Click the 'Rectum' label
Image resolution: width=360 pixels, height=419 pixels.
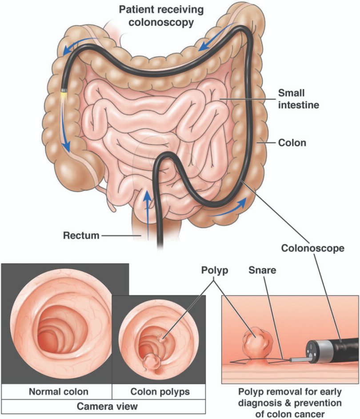[x=81, y=235]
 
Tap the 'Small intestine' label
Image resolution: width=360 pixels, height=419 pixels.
[x=299, y=99]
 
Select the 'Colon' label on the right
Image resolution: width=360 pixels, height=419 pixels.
[x=292, y=143]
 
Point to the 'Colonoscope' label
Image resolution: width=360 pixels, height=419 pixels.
[x=313, y=248]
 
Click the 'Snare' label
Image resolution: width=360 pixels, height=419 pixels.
[x=262, y=270]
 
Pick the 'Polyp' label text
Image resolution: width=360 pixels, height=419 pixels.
[x=215, y=271]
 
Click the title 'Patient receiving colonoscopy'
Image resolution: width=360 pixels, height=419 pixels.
[x=161, y=16]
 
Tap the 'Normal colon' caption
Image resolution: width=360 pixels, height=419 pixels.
[x=59, y=391]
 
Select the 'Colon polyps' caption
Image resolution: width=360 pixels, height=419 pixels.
[x=160, y=391]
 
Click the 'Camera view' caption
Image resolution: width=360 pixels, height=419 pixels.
[x=107, y=406]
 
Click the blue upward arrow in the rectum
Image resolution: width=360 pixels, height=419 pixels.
[x=147, y=214]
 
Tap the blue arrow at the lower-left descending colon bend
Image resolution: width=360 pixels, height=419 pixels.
[x=228, y=207]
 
